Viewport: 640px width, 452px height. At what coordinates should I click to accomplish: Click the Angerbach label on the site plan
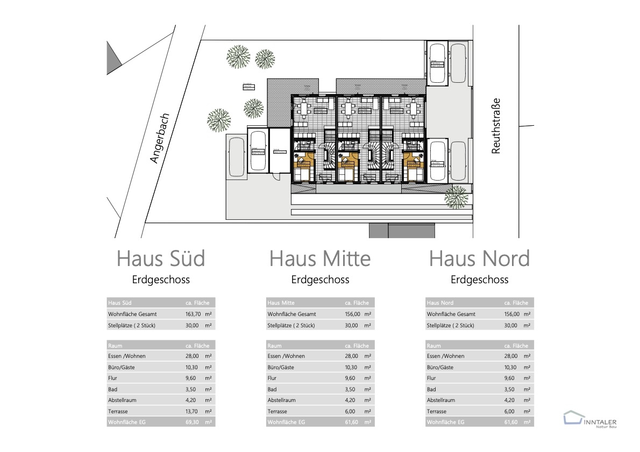coord(160,138)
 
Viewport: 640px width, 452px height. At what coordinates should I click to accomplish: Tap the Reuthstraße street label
coord(496,126)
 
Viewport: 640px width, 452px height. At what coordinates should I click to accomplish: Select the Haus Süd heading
coord(161,259)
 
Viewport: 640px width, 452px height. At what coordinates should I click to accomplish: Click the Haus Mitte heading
coord(320,259)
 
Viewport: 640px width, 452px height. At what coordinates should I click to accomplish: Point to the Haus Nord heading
coord(479,259)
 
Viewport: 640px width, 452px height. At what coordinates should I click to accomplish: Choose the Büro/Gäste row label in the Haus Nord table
coord(440,367)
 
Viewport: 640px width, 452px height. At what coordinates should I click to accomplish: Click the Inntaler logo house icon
coord(573,418)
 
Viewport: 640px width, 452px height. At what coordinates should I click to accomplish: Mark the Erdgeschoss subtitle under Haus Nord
coord(479,279)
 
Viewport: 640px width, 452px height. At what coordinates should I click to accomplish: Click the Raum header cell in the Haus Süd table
coord(116,346)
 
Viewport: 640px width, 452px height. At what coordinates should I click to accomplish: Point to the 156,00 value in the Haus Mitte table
coord(351,314)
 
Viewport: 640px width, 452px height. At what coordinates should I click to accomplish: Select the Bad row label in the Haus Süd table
coord(113,389)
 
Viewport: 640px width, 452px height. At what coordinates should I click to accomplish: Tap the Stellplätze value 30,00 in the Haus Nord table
coord(510,325)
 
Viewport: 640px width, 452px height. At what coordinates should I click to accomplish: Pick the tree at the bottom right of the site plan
coord(456,197)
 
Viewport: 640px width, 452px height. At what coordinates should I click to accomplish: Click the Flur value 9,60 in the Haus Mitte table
coord(351,378)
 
